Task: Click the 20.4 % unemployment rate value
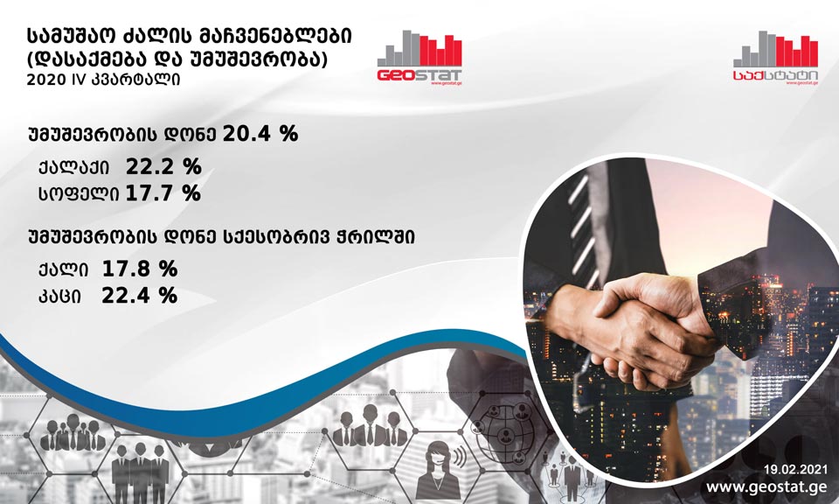tap(260, 133)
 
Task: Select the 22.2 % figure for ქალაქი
tap(163, 167)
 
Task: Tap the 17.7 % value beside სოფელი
tap(163, 192)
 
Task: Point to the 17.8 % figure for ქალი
tap(140, 269)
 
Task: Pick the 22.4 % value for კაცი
tap(139, 295)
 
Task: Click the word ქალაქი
tap(73, 168)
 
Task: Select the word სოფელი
tap(79, 194)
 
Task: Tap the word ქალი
tap(63, 269)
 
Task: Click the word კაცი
tap(59, 296)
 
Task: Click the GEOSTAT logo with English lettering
tap(419, 58)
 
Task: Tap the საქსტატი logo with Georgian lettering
tap(775, 58)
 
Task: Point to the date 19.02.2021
tap(795, 470)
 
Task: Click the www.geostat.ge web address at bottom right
tap(766, 486)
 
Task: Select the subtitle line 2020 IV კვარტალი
tap(103, 80)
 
